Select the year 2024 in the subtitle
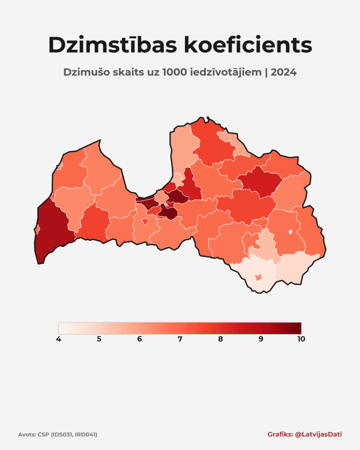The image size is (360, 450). pyautogui.click(x=284, y=73)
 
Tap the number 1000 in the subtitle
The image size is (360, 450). pyautogui.click(x=175, y=73)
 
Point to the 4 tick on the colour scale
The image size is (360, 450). pyautogui.click(x=58, y=339)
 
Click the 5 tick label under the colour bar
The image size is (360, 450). pyautogui.click(x=99, y=339)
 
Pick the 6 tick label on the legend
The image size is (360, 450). pyautogui.click(x=139, y=339)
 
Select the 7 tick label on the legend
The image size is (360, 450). pyautogui.click(x=180, y=339)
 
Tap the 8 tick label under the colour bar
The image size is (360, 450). pyautogui.click(x=220, y=339)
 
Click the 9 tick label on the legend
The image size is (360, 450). pyautogui.click(x=261, y=339)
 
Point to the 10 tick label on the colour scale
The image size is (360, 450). pyautogui.click(x=301, y=339)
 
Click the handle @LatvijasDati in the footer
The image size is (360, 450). pyautogui.click(x=318, y=434)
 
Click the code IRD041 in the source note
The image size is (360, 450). pyautogui.click(x=85, y=435)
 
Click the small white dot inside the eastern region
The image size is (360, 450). pyautogui.click(x=290, y=232)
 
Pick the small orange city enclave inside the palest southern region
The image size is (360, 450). pyautogui.click(x=258, y=277)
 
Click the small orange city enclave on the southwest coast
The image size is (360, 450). pyautogui.click(x=37, y=229)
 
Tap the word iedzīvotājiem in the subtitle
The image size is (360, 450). pyautogui.click(x=226, y=73)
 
